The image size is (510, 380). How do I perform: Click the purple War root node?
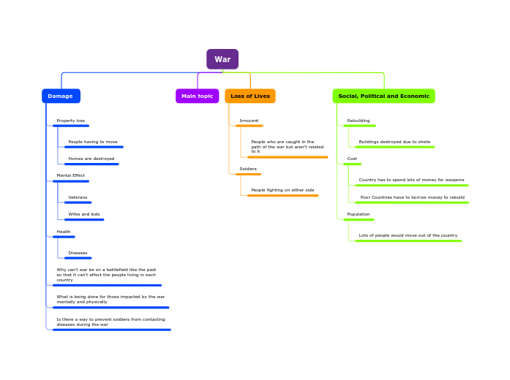(222, 59)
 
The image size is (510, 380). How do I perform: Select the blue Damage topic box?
(61, 96)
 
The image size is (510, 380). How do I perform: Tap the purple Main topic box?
(197, 96)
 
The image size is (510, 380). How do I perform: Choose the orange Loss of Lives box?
(250, 96)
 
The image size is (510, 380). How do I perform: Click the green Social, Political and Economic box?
(383, 96)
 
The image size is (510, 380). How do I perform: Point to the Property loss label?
(71, 121)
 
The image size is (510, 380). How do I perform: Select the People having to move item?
(93, 142)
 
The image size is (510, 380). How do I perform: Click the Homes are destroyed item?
(91, 159)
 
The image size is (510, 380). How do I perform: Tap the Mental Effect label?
(71, 175)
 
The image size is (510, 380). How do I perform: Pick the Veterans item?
(78, 197)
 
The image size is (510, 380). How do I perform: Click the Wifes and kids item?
(84, 214)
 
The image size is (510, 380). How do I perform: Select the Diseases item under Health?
(78, 253)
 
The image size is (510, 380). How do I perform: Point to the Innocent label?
(249, 121)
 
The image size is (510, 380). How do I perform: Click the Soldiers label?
(248, 169)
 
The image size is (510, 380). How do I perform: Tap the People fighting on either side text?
(282, 190)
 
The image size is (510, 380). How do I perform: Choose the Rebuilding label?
(359, 121)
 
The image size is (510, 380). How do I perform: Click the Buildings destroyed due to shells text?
(394, 142)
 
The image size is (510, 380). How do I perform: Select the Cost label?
(352, 159)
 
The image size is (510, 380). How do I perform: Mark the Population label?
(359, 214)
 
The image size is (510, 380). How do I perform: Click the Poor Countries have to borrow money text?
(412, 197)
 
